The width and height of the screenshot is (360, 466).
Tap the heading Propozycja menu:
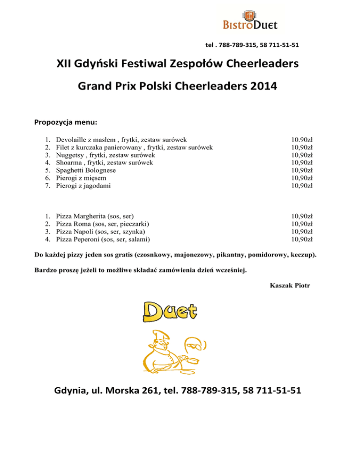click(66, 122)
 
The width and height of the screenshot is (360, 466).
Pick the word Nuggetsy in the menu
click(70, 155)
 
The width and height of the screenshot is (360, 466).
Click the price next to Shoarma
click(302, 162)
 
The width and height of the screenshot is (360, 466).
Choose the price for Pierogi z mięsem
click(302, 178)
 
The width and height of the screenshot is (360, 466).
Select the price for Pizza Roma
click(302, 224)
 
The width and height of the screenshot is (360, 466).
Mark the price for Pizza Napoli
click(302, 231)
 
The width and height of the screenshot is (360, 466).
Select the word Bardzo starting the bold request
click(45, 271)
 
